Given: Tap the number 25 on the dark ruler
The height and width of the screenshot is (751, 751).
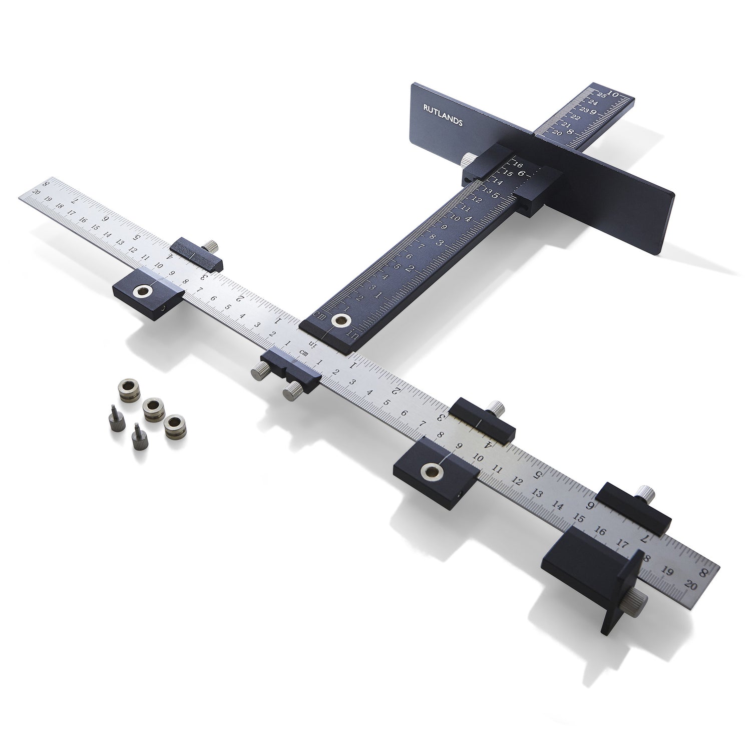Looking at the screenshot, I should point(601,95).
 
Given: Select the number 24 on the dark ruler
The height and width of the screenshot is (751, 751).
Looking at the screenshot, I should point(593,102).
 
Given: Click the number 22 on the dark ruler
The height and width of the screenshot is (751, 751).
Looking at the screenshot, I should point(576,117).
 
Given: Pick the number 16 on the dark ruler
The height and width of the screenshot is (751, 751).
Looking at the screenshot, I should point(518,165).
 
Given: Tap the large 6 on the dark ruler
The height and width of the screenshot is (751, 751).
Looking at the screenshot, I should point(521,174).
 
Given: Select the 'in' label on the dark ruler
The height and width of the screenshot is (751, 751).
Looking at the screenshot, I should point(352,335).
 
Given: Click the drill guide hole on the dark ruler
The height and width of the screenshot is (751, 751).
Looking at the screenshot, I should point(342,319).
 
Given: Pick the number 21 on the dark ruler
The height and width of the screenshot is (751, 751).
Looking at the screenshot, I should point(566,125).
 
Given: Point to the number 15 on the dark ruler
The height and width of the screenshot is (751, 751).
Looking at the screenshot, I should point(508,173).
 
